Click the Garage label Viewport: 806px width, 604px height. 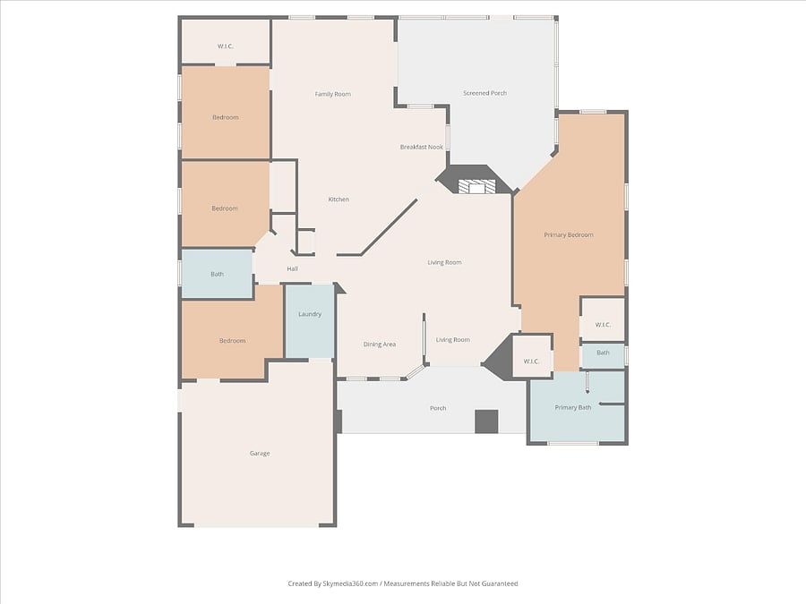(260, 453)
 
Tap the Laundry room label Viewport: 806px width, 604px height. (310, 314)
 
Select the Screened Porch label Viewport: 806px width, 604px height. (484, 93)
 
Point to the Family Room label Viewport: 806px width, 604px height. (332, 94)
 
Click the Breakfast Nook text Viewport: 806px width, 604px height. (422, 147)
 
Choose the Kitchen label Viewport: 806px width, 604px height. (339, 200)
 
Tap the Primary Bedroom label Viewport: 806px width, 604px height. (569, 234)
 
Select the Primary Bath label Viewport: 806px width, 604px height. (573, 407)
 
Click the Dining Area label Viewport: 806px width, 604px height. (380, 345)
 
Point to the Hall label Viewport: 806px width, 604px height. (293, 268)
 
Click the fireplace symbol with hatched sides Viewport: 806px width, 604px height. (477, 186)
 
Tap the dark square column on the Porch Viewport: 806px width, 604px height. (486, 421)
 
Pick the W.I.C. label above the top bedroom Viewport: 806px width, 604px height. (225, 47)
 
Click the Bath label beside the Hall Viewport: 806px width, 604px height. (217, 275)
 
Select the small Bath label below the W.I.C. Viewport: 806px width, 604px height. (603, 353)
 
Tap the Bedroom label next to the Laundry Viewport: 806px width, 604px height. (232, 341)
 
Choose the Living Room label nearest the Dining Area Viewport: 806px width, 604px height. (453, 339)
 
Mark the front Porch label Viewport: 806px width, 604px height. (438, 408)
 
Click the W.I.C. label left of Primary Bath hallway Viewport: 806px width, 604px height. (531, 362)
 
